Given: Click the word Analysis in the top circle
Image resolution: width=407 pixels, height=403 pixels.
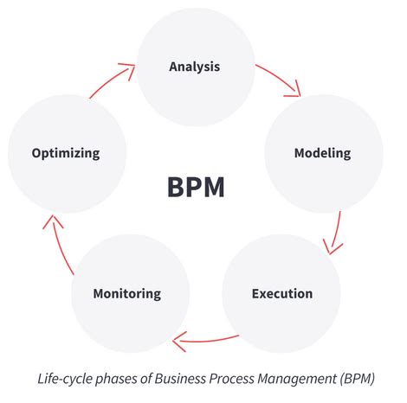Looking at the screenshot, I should [195, 67].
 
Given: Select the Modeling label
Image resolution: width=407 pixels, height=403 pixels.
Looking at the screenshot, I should [322, 153].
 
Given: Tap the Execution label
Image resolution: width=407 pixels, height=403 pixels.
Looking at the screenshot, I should [282, 293].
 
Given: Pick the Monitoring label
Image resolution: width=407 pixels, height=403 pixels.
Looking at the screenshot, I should [126, 293].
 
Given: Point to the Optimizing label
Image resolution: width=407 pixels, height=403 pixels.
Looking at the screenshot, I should [66, 153].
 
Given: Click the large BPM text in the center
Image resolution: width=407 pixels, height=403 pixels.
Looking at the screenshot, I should [196, 187].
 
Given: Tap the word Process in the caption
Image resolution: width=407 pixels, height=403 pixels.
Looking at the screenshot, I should [229, 378].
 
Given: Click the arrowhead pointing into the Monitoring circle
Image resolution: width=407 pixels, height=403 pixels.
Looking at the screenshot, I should [177, 342].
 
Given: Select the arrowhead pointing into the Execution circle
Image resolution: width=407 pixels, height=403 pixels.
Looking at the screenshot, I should [328, 248].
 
